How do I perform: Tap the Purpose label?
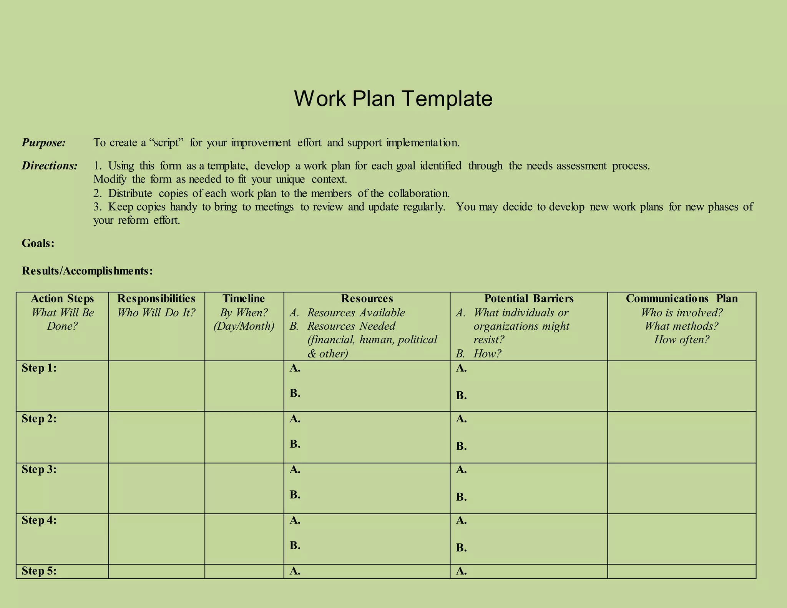(x=44, y=143)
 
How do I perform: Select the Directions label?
(x=50, y=166)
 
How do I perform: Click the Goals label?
(x=38, y=243)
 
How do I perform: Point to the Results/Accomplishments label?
(x=87, y=271)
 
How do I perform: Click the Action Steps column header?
(x=62, y=299)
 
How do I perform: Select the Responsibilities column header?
(x=156, y=299)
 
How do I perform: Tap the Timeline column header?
(x=244, y=299)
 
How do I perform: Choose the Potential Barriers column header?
(x=529, y=299)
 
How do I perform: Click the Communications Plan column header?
(x=681, y=299)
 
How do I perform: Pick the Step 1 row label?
(x=39, y=368)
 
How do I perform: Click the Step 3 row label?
(x=39, y=470)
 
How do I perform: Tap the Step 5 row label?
(x=39, y=571)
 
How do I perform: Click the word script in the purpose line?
(x=166, y=143)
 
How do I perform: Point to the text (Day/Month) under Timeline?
(x=244, y=326)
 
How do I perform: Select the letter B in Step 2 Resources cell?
(x=295, y=444)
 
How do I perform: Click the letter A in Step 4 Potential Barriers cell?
(x=461, y=520)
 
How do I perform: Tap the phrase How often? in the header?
(x=681, y=340)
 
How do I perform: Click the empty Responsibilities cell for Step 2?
(x=156, y=437)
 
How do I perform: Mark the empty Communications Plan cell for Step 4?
(x=681, y=539)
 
